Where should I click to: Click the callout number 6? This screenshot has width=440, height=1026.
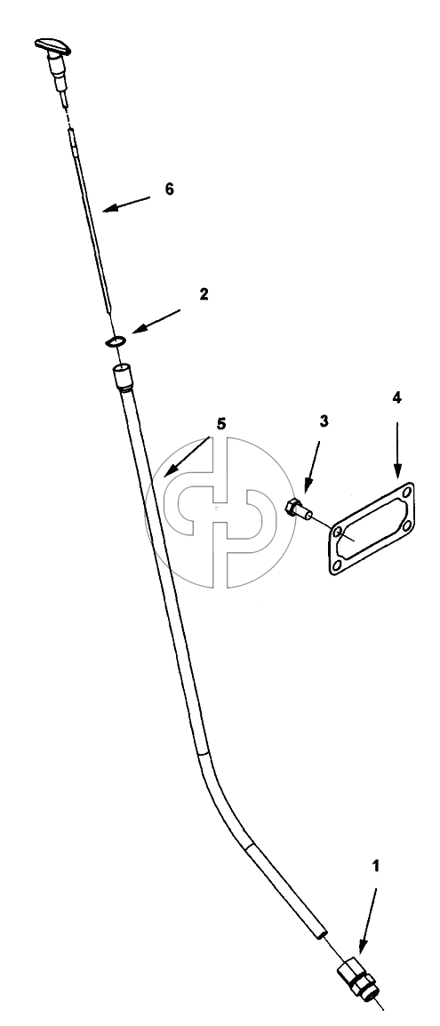point(169,189)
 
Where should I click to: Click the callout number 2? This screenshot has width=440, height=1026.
point(204,293)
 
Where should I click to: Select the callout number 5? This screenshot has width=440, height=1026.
point(221,424)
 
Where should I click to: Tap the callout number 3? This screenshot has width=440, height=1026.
point(324,421)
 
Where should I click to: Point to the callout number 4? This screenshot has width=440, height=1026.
point(396,397)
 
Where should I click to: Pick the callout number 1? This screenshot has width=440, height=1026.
point(375,866)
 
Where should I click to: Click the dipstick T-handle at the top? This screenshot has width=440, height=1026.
point(52,46)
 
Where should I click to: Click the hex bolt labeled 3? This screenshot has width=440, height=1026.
point(299,508)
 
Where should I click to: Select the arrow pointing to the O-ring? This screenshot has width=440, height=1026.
point(156,321)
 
